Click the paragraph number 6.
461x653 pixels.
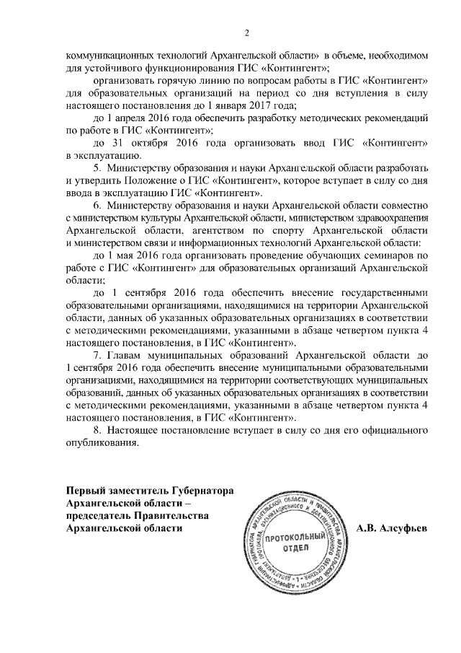[x=98, y=206]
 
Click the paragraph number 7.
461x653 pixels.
[x=98, y=356]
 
